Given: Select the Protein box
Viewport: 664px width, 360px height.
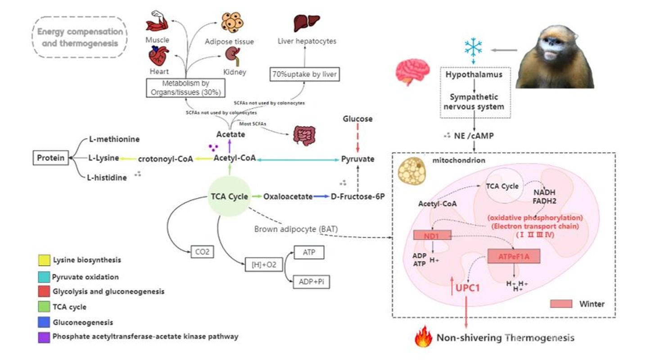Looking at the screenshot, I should tap(51, 158).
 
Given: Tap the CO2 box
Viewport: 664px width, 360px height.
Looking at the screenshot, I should tap(201, 252).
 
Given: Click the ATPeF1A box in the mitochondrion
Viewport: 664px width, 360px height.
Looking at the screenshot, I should tap(514, 256).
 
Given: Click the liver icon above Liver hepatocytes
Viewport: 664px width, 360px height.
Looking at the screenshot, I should tap(306, 22).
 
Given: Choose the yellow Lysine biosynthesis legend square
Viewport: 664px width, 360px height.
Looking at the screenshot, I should tap(44, 260).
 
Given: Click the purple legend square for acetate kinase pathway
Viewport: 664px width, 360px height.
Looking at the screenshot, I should tap(44, 336).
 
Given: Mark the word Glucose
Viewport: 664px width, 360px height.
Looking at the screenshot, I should tap(357, 119).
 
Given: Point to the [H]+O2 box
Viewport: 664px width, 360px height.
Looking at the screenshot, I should tap(263, 264).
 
